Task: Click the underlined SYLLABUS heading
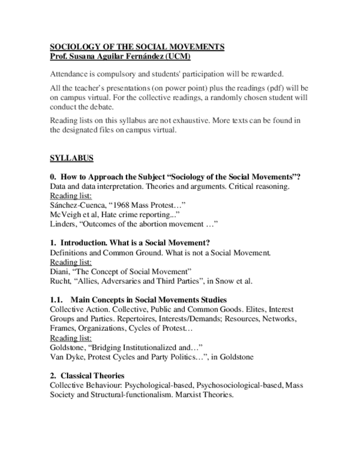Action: [71, 158]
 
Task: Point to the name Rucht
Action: [60, 281]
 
